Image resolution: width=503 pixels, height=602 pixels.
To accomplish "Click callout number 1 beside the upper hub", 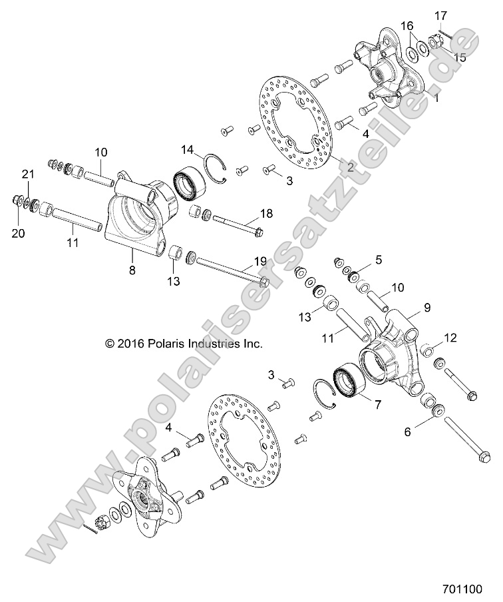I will click(436, 97).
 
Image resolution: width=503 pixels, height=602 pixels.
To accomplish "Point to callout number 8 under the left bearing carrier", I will click(132, 270).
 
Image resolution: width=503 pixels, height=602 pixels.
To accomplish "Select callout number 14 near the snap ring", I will click(188, 149).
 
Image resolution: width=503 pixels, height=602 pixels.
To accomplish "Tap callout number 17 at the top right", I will click(441, 15).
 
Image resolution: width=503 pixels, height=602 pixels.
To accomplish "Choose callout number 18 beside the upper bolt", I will click(266, 214).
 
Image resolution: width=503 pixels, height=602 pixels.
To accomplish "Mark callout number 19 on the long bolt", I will click(260, 260).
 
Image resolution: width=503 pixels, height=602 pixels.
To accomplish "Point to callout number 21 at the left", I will click(27, 174).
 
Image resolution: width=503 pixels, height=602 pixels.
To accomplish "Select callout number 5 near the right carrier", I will click(378, 260).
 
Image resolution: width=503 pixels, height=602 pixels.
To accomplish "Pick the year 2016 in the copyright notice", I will click(125, 344).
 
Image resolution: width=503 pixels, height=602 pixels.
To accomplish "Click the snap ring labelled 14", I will click(217, 166).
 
